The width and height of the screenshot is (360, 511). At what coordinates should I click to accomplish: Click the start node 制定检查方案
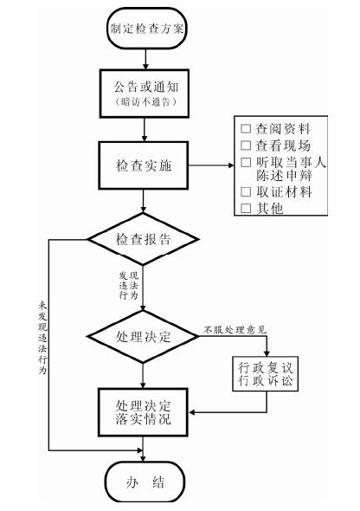(x=147, y=29)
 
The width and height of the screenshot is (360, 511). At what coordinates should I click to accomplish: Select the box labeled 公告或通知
(x=145, y=94)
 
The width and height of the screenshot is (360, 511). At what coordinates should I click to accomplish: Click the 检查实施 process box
(x=144, y=165)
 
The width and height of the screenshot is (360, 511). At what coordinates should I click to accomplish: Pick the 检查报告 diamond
(x=143, y=239)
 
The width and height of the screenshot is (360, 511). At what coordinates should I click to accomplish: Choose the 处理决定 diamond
(x=143, y=336)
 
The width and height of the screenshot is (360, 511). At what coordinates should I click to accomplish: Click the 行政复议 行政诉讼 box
(x=266, y=374)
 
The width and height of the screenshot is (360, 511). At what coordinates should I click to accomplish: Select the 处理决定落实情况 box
(x=143, y=412)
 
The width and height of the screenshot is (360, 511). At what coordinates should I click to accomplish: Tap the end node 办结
(x=145, y=482)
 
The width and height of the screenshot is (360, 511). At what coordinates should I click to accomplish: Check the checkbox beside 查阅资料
(x=246, y=129)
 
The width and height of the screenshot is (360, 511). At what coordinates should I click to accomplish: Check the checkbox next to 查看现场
(x=246, y=146)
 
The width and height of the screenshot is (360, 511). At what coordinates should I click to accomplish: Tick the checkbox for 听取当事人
(x=246, y=162)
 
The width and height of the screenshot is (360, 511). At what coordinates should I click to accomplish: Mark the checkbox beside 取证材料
(x=246, y=191)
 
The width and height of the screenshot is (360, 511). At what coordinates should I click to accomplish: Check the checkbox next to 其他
(x=246, y=208)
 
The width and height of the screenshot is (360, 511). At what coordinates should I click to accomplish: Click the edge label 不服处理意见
(x=235, y=330)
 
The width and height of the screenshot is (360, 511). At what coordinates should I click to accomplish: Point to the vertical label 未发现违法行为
(x=42, y=338)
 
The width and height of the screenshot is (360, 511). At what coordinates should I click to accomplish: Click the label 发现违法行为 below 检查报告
(x=129, y=286)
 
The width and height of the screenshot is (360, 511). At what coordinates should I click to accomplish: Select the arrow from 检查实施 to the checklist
(x=211, y=165)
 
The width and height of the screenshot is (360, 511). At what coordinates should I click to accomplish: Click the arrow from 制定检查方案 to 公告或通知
(x=145, y=59)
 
